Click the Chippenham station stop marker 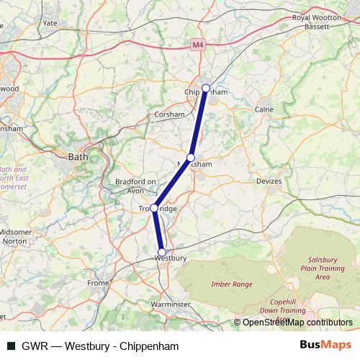pyautogui.click(x=206, y=89)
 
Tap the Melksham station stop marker pyautogui.click(x=191, y=158)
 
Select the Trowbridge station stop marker pyautogui.click(x=154, y=208)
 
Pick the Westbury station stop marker pyautogui.click(x=162, y=252)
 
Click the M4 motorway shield pyautogui.click(x=199, y=45)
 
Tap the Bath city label pyautogui.click(x=77, y=156)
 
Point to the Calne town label pyautogui.click(x=264, y=109)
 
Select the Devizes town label pyautogui.click(x=269, y=181)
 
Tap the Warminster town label pyautogui.click(x=171, y=305)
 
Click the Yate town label pyautogui.click(x=50, y=23)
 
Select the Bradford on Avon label pyautogui.click(x=135, y=186)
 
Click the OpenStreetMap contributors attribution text pyautogui.click(x=297, y=323)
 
